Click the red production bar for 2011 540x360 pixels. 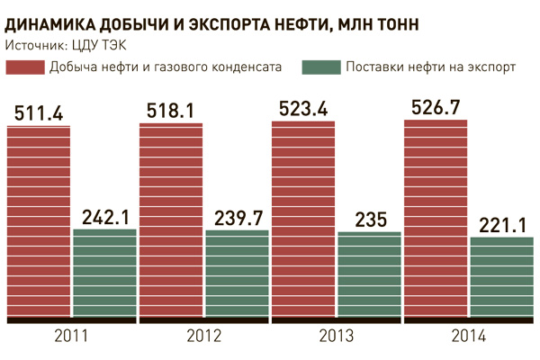click(39, 220)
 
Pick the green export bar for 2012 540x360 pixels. click(237, 274)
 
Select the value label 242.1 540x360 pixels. click(104, 217)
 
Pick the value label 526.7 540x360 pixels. click(436, 109)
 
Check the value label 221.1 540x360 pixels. click(502, 225)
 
